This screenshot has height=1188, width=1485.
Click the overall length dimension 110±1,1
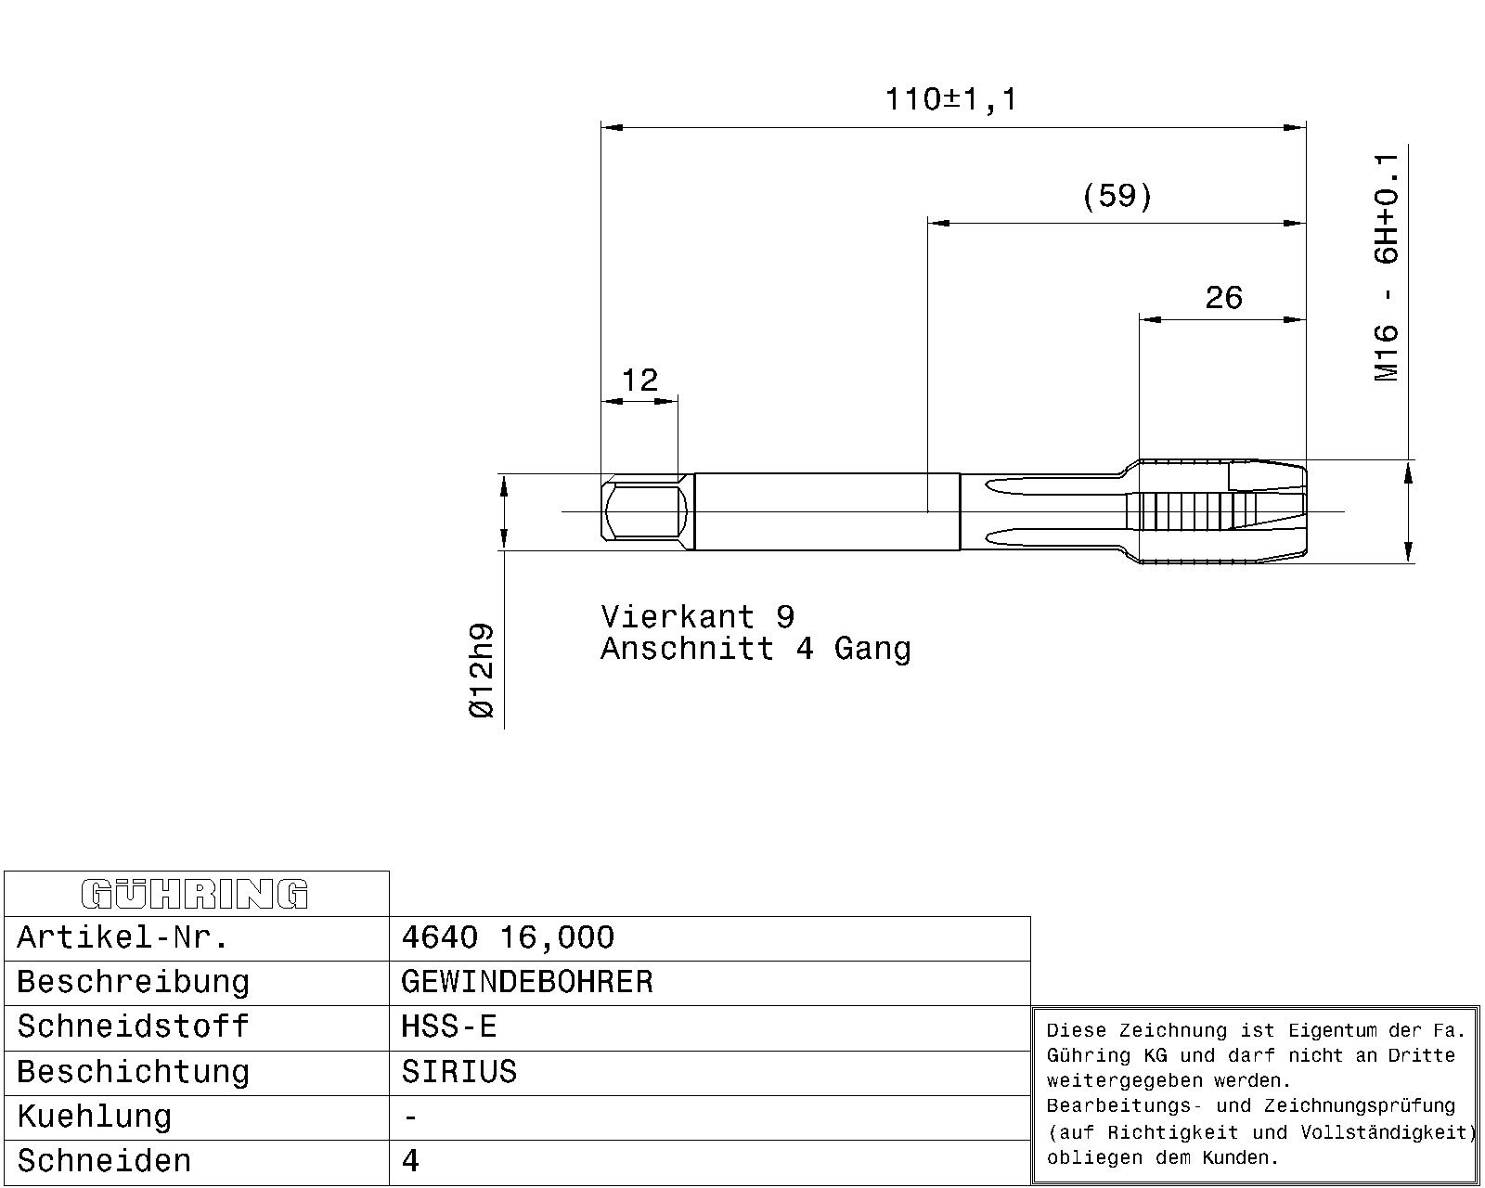point(951,99)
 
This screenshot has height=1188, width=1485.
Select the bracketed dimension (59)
point(1117,196)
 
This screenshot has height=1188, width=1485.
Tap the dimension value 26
point(1223,298)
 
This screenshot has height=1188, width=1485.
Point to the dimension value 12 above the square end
point(639,381)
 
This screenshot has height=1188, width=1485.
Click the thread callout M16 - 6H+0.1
point(1387,267)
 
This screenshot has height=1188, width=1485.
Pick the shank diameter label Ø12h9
point(482,671)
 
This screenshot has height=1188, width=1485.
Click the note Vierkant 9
point(698,616)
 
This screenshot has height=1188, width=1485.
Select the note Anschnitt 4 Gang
point(755,649)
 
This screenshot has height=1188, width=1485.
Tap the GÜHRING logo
point(195,894)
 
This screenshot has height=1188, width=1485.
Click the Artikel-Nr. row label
point(123,937)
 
